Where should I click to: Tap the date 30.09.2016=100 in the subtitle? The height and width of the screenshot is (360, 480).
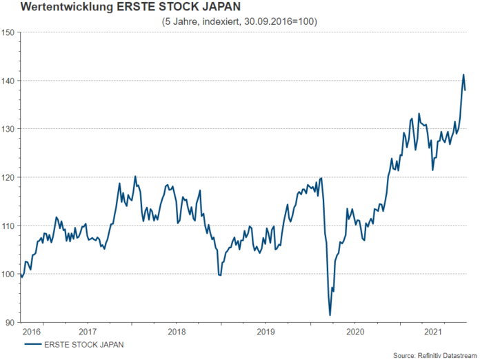(x=275, y=21)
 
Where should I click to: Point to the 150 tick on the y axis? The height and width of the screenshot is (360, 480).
(x=9, y=32)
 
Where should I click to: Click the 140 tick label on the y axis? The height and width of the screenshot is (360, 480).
(x=9, y=81)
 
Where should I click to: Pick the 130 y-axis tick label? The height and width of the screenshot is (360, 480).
(x=9, y=129)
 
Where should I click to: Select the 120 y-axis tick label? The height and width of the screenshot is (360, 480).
(x=9, y=177)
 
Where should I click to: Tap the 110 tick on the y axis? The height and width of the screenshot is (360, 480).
(x=9, y=226)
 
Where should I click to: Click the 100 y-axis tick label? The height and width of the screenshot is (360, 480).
(x=9, y=274)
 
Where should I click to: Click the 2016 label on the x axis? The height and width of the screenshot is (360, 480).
(x=32, y=332)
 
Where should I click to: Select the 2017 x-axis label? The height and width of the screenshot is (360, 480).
(x=87, y=332)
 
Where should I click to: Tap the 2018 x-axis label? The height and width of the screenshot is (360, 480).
(x=177, y=332)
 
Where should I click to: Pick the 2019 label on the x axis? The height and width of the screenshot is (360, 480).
(x=266, y=332)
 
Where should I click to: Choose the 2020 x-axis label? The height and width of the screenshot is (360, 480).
(x=356, y=332)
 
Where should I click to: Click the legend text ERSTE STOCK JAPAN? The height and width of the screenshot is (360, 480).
(x=83, y=343)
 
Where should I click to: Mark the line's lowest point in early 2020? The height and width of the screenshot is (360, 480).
(x=330, y=315)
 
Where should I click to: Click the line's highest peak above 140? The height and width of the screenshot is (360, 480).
(x=463, y=74)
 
